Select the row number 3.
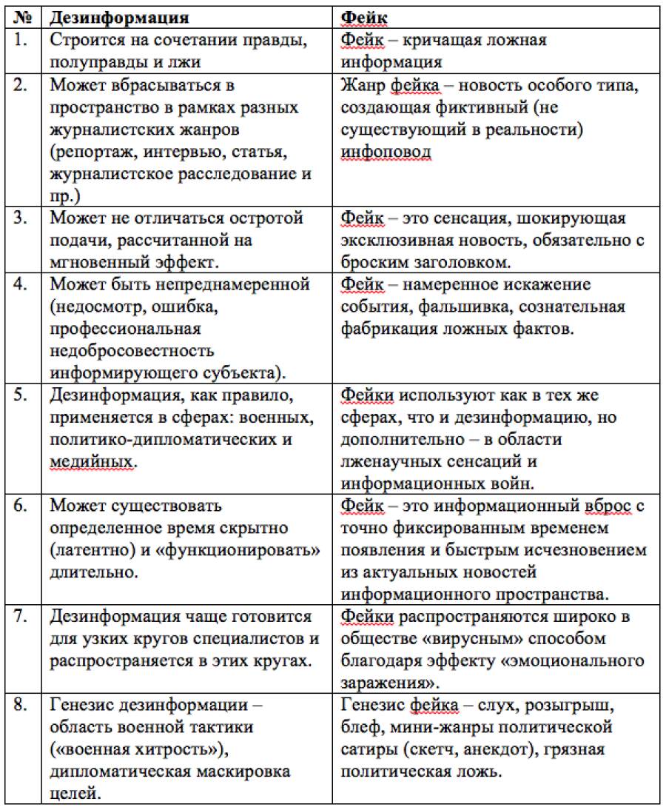[21, 219]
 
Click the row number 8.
[21, 707]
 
